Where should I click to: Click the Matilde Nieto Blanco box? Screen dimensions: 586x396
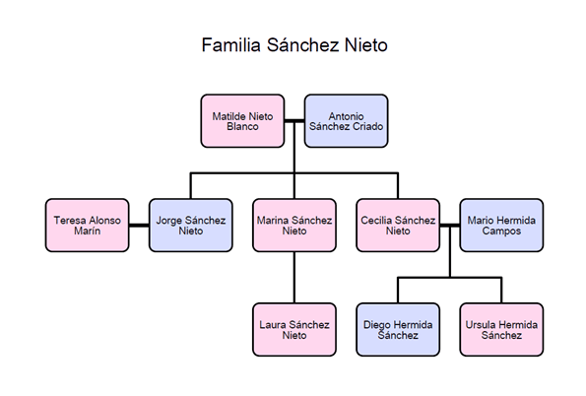pos(242,121)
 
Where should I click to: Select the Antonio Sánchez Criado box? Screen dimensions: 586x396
pos(346,121)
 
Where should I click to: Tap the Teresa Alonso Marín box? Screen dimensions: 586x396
pos(87,226)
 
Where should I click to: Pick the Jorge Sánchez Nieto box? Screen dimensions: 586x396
pos(191,226)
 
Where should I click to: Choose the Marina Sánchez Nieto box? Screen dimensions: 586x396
pos(294,226)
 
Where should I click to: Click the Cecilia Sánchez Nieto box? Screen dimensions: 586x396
pos(398,226)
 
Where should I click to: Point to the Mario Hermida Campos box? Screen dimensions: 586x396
pos(501,226)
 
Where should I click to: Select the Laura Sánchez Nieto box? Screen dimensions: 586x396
pos(294,330)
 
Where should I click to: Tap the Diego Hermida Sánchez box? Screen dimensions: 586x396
pos(398,330)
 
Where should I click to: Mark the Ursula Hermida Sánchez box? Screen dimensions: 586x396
pos(501,330)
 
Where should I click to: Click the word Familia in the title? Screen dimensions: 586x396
pos(231,45)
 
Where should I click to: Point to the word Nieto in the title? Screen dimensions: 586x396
pos(365,45)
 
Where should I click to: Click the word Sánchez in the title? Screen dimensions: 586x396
pos(302,45)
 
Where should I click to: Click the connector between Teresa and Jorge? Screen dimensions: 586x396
pos(139,226)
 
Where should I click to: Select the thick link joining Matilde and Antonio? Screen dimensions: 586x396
pos(294,121)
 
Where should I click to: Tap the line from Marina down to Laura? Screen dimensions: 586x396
pos(294,278)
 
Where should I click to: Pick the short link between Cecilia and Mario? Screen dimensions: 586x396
pos(450,226)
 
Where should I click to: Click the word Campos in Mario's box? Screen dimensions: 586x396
pos(501,231)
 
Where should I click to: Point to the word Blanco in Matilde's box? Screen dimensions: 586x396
pos(242,127)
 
